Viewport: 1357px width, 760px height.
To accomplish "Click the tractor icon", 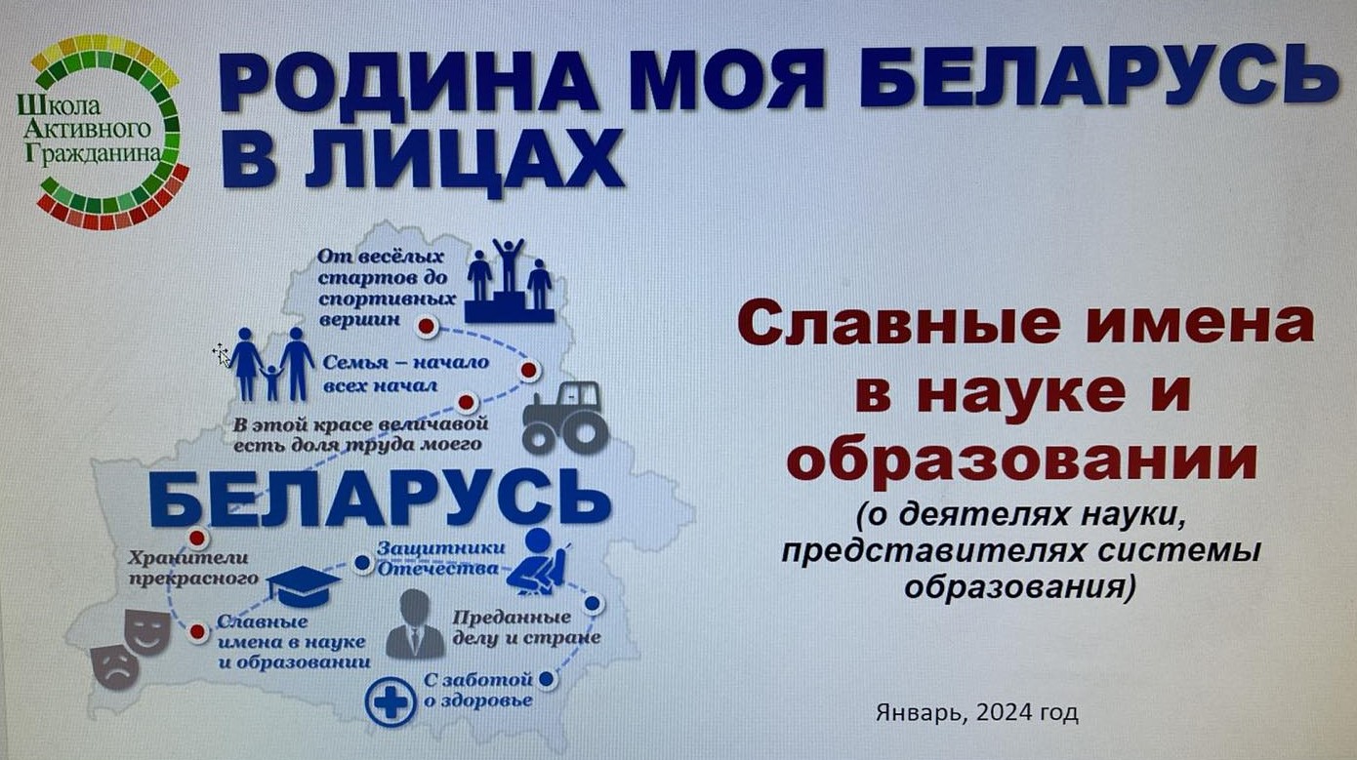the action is [564, 418].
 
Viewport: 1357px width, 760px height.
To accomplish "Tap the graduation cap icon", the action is [303, 585].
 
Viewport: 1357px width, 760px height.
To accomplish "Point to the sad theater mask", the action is [114, 666].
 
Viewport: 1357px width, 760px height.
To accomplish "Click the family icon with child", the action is [271, 365].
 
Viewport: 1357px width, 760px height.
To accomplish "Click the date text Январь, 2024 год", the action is [976, 713].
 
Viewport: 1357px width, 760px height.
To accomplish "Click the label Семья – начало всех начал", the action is [405, 374].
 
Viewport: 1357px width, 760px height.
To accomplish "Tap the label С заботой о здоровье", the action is [478, 690].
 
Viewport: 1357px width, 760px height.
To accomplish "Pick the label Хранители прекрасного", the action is [193, 568].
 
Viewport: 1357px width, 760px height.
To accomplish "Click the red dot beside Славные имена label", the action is [197, 631].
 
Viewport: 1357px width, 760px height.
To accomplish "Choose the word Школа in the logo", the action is [59, 106].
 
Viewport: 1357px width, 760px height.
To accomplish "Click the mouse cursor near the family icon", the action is [222, 355].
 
